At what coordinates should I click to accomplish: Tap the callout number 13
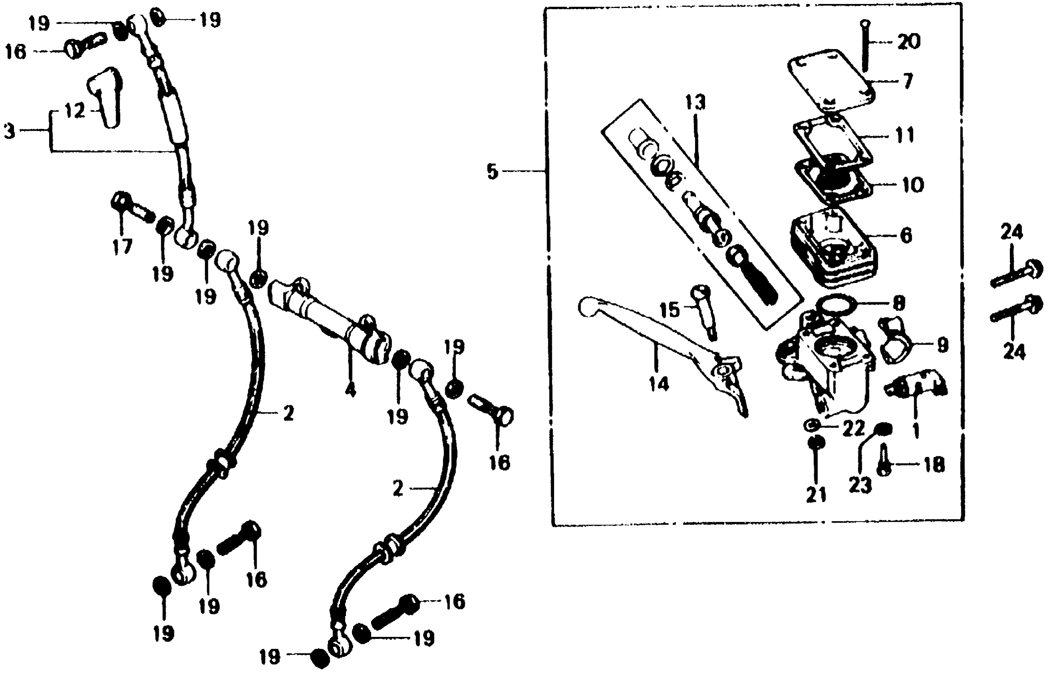click(x=695, y=102)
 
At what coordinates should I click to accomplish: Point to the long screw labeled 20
click(x=865, y=46)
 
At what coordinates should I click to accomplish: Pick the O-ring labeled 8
click(x=836, y=304)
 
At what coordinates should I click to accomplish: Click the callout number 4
click(x=350, y=390)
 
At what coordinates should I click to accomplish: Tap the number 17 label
click(x=122, y=246)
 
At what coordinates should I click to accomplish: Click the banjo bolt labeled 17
click(x=131, y=208)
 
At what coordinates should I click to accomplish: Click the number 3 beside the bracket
click(x=9, y=131)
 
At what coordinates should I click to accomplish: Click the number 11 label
click(x=905, y=136)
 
